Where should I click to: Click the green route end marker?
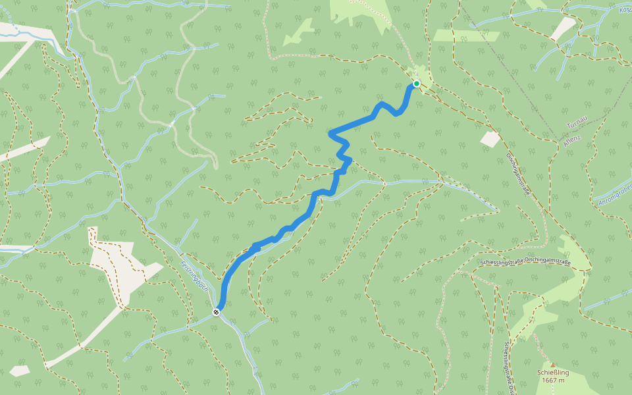pos(416,84)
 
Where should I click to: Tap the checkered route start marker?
pos(216,312)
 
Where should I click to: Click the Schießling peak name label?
pos(552,373)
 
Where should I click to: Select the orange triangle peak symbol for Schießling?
pos(553,365)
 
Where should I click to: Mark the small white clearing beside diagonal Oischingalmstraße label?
pos(490,139)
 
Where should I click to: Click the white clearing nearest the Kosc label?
pos(563,28)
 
